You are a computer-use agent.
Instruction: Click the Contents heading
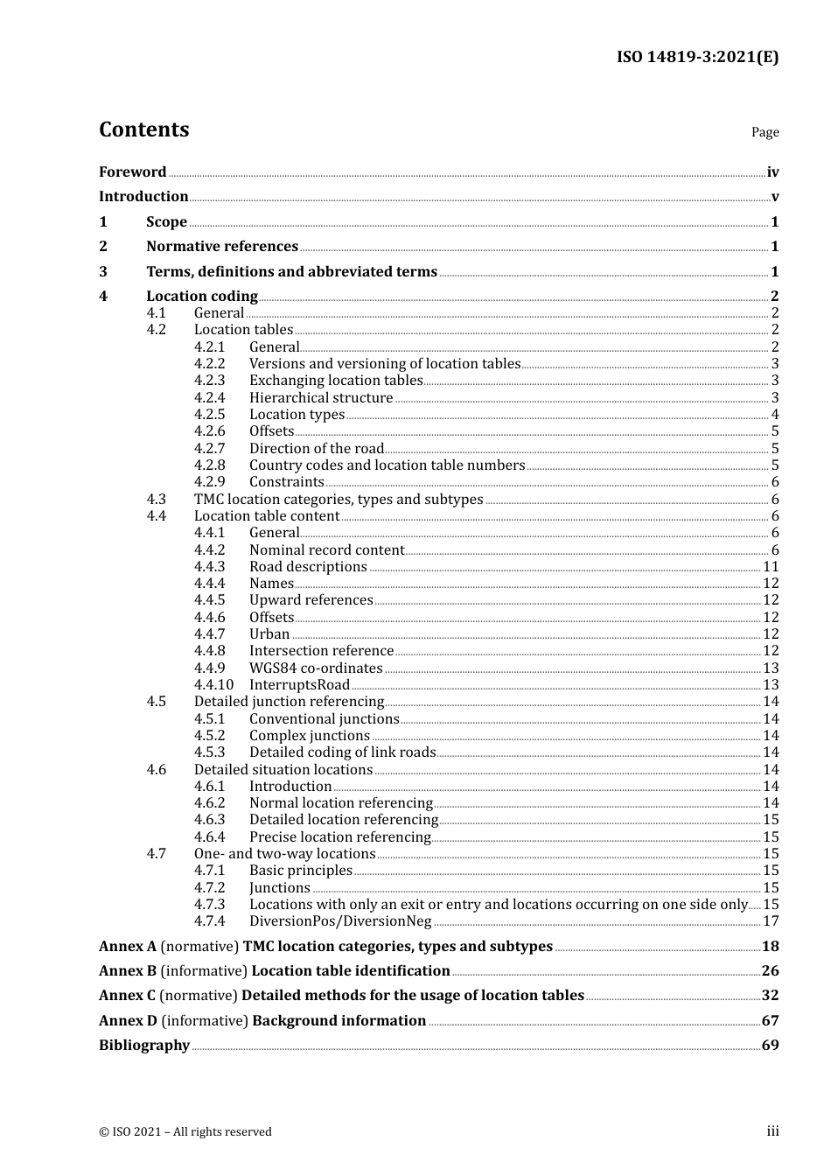143,129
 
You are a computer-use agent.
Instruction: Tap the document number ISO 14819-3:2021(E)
697,57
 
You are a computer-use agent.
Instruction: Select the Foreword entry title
132,172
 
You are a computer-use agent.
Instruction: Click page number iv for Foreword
772,172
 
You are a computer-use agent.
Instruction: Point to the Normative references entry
222,247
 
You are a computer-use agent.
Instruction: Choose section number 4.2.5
209,415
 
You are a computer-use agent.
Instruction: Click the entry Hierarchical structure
321,398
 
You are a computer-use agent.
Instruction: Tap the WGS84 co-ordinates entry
316,668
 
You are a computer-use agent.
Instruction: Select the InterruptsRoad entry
299,685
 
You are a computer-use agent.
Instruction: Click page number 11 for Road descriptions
771,567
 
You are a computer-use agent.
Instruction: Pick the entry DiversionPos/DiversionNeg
340,921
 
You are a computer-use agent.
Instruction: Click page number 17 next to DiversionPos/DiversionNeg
771,921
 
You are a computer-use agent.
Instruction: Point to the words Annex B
128,971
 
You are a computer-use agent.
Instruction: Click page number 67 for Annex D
770,1021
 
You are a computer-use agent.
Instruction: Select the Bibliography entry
144,1046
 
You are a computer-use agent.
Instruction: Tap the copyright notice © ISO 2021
185,1132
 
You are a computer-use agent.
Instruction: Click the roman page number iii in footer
772,1131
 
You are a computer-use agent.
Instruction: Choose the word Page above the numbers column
765,132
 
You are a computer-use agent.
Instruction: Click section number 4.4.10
213,685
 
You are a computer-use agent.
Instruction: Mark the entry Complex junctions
310,736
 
